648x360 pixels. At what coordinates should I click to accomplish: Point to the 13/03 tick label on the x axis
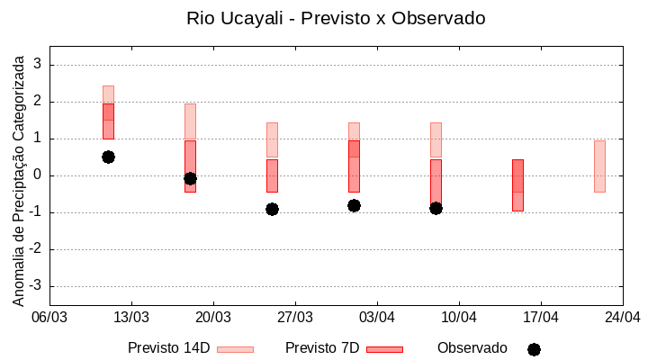pyautogui.click(x=131, y=317)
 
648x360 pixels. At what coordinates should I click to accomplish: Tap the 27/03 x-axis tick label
pyautogui.click(x=295, y=317)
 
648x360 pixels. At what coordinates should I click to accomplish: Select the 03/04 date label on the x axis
pyautogui.click(x=377, y=317)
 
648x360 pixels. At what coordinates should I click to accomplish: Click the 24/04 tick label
pyautogui.click(x=623, y=317)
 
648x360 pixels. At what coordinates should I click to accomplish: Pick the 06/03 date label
pyautogui.click(x=49, y=317)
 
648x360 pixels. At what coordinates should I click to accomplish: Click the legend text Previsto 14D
pyautogui.click(x=169, y=348)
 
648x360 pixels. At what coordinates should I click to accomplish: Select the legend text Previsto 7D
pyautogui.click(x=322, y=348)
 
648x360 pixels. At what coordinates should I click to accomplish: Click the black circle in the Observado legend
pyautogui.click(x=534, y=349)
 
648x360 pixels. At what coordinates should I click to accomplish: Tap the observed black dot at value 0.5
pyautogui.click(x=108, y=157)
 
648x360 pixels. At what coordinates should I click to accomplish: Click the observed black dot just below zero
pyautogui.click(x=190, y=178)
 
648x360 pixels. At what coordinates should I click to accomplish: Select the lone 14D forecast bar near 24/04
pyautogui.click(x=599, y=166)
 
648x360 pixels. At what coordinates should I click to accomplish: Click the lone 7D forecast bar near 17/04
pyautogui.click(x=517, y=184)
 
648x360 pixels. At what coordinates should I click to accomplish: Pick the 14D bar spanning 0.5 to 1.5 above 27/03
pyautogui.click(x=272, y=139)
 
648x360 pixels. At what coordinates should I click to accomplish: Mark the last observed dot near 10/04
pyautogui.click(x=436, y=208)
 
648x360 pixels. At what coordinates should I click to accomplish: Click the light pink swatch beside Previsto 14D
pyautogui.click(x=236, y=349)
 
